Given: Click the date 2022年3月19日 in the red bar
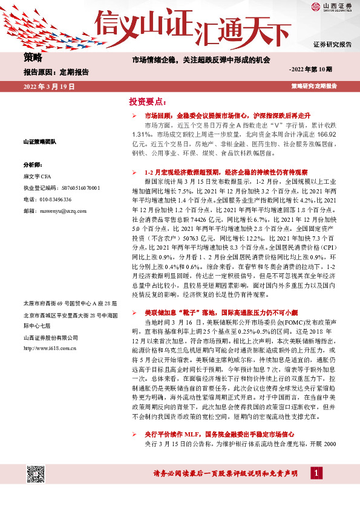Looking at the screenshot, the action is coord(49,87).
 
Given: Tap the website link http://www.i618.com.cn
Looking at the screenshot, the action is coord(48,348).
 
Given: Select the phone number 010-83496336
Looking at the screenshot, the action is coord(47,199).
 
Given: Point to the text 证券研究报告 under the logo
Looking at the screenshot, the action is coord(332,45).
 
